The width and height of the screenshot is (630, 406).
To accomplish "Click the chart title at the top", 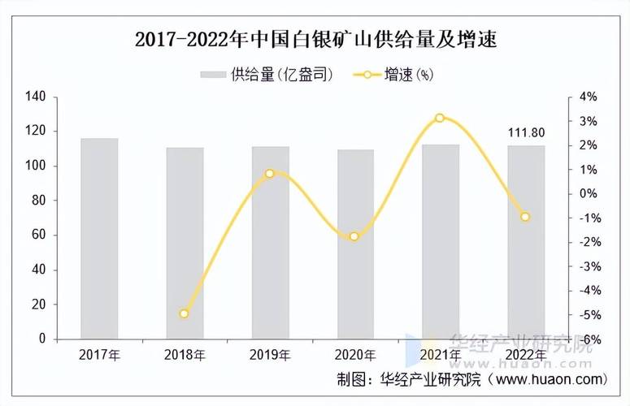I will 315,38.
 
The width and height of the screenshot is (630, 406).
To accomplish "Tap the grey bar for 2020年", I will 356,244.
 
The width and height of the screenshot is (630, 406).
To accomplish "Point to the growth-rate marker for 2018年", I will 185,313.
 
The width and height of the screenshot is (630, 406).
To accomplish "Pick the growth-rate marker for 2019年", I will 270,173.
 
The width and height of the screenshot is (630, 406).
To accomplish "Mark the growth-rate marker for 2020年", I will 354,236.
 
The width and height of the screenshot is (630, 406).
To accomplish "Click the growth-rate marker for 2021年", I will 440,118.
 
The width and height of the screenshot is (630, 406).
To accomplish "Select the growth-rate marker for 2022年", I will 525,217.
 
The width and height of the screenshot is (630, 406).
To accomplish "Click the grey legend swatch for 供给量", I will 212,75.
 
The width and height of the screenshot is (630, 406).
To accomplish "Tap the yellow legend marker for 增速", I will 367,75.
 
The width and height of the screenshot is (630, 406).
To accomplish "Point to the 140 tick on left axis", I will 36,97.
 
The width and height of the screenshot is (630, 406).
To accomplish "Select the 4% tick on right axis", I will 589,97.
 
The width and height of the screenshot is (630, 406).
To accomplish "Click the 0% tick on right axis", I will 589,193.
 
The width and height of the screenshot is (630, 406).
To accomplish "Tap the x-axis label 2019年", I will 270,355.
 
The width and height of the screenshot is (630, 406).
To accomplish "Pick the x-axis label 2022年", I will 526,355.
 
